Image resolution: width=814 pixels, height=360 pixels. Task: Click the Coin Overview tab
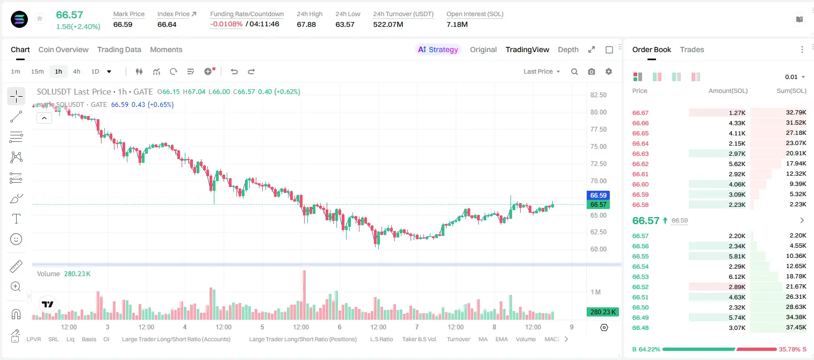[x=63, y=49]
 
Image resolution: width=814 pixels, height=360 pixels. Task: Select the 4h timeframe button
[x=76, y=71]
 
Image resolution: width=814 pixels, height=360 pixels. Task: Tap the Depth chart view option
[x=568, y=49]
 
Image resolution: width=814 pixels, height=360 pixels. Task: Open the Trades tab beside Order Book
[x=692, y=49]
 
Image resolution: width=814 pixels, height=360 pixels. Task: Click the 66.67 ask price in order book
[x=640, y=113]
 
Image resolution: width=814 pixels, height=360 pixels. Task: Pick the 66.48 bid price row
[x=640, y=328]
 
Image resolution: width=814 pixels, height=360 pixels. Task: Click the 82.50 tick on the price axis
[x=598, y=95]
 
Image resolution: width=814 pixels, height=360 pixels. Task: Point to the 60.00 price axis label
[x=598, y=249]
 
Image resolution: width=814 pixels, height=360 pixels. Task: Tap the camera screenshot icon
[x=592, y=71]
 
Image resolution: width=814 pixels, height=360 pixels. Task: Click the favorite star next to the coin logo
[x=40, y=18]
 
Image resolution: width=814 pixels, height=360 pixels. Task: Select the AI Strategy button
[x=438, y=49]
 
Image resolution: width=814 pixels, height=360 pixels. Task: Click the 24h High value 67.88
[x=306, y=24]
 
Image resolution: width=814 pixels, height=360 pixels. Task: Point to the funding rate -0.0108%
[x=226, y=24]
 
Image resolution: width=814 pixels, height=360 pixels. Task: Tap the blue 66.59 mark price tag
[x=598, y=196]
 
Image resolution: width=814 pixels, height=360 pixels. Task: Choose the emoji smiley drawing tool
[x=16, y=239]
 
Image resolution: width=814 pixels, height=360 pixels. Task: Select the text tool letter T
[x=16, y=219]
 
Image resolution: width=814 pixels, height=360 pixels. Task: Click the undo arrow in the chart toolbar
[x=234, y=71]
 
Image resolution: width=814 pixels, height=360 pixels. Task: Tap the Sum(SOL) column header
[x=791, y=91]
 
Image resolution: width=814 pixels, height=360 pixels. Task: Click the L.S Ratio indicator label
[x=381, y=339]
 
